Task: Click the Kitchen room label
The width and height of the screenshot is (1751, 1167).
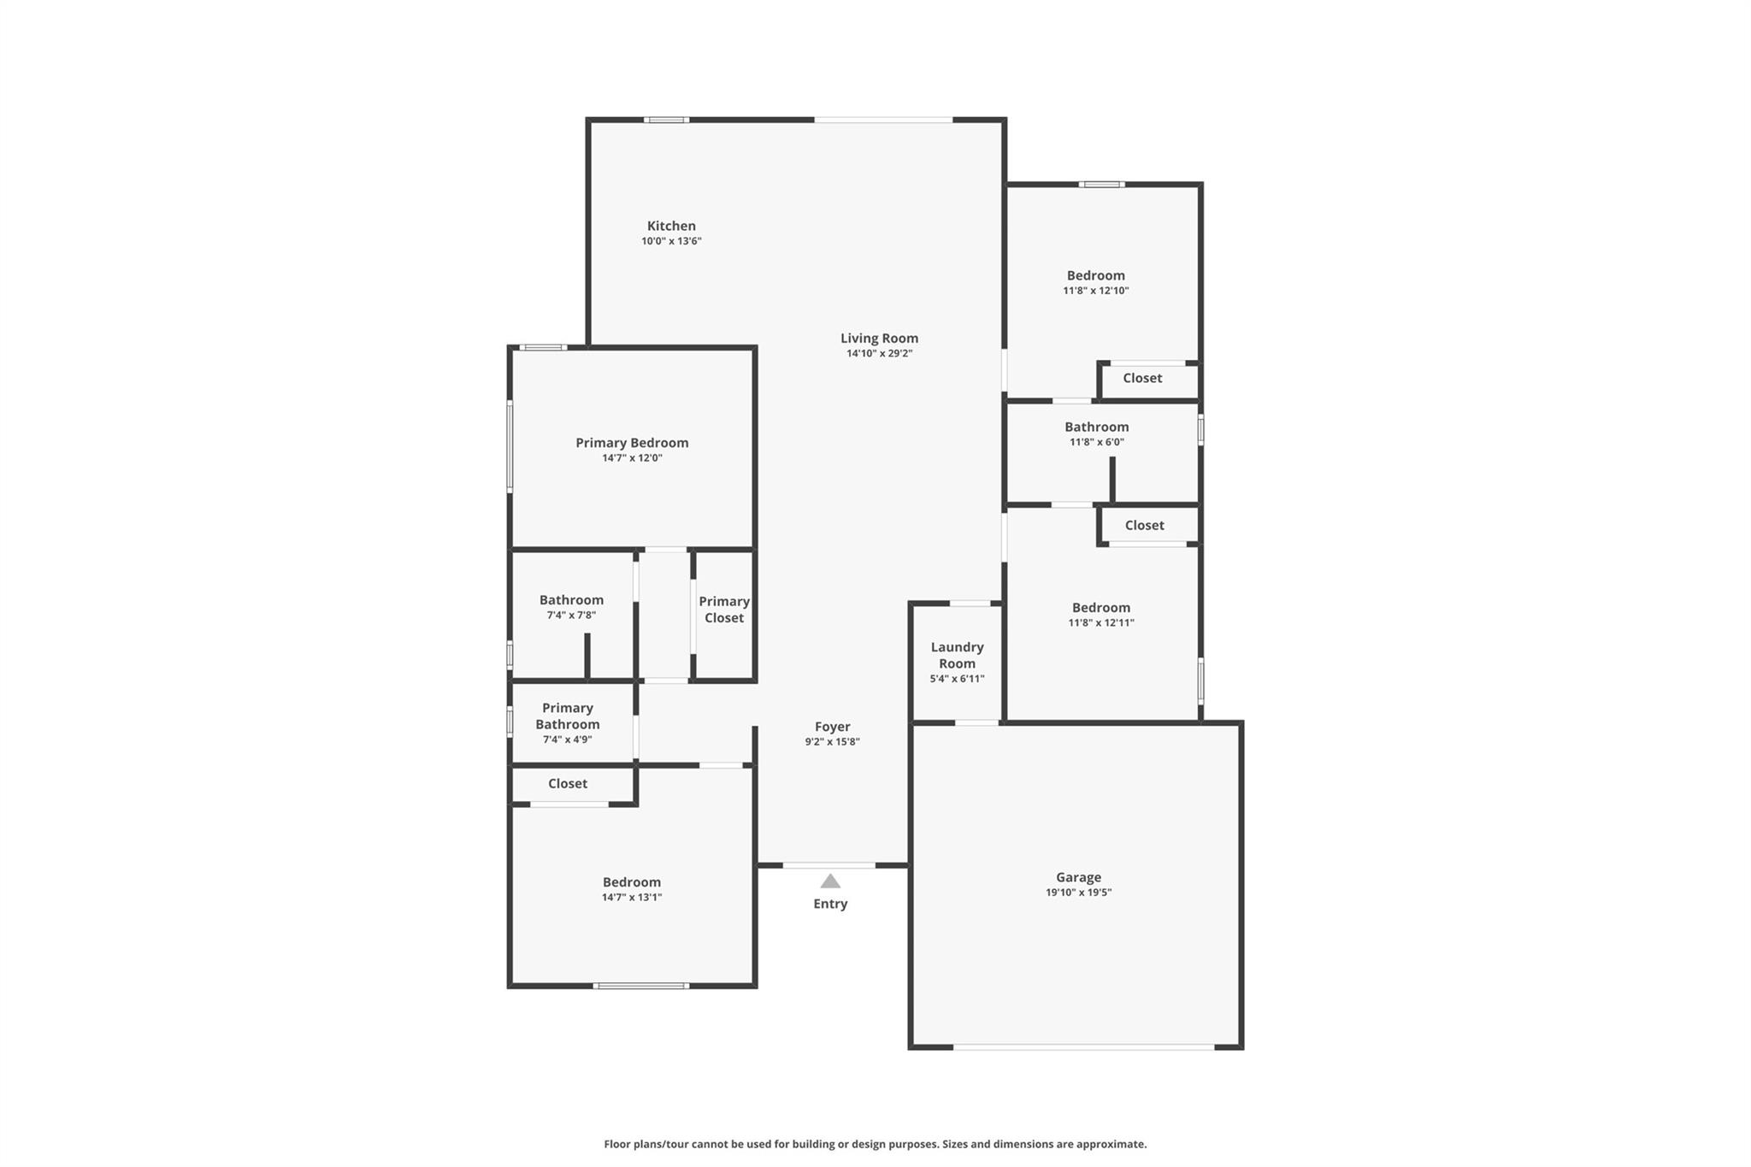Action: click(671, 226)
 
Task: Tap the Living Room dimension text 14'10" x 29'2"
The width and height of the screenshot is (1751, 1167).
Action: click(879, 353)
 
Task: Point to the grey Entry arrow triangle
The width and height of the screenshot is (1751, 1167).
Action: click(830, 881)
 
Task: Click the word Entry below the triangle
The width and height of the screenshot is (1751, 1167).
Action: click(830, 904)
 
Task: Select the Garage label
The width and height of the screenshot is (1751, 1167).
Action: click(1078, 877)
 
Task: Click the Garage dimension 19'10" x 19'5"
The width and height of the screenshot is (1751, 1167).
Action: click(1078, 893)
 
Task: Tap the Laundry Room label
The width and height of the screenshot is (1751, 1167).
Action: click(958, 655)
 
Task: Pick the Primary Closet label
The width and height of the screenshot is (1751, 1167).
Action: click(724, 610)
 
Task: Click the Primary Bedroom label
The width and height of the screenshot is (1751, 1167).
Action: click(632, 443)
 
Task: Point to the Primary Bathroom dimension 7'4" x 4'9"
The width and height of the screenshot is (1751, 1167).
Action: click(568, 740)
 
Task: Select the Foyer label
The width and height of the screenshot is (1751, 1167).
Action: click(832, 727)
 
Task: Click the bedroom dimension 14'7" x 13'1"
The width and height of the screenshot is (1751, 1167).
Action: click(632, 897)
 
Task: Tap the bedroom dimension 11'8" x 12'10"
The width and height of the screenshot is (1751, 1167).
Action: click(1096, 291)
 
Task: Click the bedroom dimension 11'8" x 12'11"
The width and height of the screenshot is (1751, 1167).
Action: click(1101, 622)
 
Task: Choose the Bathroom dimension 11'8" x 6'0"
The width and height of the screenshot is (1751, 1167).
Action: click(1097, 442)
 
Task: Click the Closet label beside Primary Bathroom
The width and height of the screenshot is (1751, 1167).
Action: click(568, 783)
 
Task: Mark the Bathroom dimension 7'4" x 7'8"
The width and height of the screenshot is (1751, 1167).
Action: click(571, 615)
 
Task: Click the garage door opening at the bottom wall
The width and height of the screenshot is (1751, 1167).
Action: click(1083, 1046)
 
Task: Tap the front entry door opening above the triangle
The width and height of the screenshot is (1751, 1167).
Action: click(829, 865)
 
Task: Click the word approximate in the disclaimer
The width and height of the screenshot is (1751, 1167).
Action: click(1110, 1144)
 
